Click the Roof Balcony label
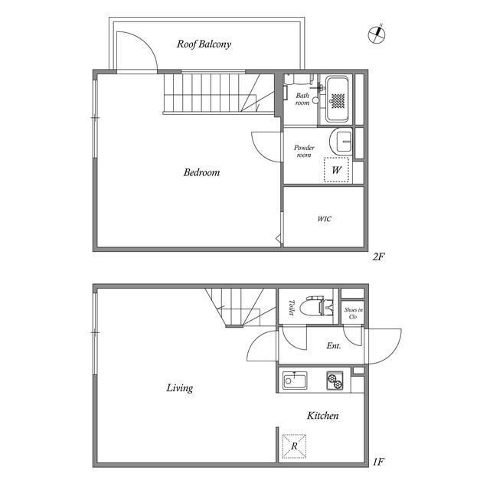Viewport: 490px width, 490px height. (x=204, y=44)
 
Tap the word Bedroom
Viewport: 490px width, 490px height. (x=201, y=172)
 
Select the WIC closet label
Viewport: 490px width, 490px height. (x=324, y=219)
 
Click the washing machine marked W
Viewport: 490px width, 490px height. (x=336, y=170)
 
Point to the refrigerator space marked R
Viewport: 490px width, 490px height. (x=294, y=446)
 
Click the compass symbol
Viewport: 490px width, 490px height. (x=377, y=34)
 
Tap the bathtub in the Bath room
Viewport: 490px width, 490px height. (x=337, y=99)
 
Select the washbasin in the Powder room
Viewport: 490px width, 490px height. (x=341, y=141)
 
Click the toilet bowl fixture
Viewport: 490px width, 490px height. (x=316, y=306)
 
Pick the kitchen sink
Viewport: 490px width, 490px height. (x=294, y=380)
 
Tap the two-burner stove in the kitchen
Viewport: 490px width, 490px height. (x=335, y=381)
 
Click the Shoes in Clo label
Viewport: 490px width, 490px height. (x=353, y=313)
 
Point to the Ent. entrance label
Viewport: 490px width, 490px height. (x=334, y=345)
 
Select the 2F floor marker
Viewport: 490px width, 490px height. (x=378, y=257)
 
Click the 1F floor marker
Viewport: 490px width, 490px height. (x=378, y=462)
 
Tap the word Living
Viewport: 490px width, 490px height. (x=180, y=388)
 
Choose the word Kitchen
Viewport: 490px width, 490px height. (x=323, y=415)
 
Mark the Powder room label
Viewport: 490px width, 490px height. (x=304, y=151)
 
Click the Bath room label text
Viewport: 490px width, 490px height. (x=302, y=99)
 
